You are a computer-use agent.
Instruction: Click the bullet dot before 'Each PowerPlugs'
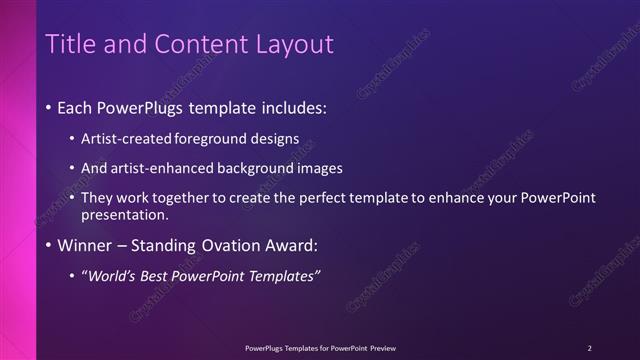pos(49,107)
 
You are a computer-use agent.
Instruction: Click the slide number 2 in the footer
pos(589,347)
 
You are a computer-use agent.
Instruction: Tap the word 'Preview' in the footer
pos(381,347)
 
